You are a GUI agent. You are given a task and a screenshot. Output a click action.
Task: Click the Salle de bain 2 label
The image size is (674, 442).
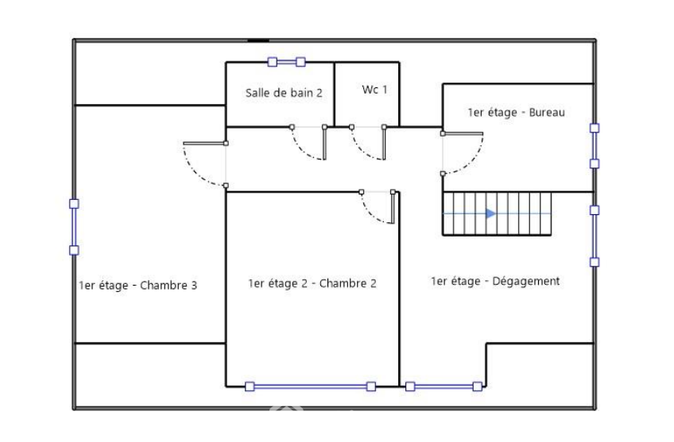284,93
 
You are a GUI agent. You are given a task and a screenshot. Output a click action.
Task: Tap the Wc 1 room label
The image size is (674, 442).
374,90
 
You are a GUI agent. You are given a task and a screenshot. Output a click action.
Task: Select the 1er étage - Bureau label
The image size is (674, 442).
516,113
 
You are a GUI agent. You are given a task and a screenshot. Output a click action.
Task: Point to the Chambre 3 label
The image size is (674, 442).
138,286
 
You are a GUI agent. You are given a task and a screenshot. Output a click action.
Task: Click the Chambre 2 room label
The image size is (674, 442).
312,283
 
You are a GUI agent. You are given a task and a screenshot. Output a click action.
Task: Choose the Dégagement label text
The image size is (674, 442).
495,281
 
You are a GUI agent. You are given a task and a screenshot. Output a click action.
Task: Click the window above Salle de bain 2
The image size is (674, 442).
286,62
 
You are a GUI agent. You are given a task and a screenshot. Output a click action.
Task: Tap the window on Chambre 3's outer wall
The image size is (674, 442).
74,227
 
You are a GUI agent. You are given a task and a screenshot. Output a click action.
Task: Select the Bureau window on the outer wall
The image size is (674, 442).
595,146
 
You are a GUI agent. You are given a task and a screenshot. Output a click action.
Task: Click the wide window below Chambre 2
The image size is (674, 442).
310,386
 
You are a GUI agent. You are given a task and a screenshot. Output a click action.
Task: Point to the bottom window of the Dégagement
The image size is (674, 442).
444,386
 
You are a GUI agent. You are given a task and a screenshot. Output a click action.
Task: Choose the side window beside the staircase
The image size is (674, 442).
595,236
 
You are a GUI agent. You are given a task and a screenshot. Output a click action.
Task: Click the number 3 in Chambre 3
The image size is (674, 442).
194,286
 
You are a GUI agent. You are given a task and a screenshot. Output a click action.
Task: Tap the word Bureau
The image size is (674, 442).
547,113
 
